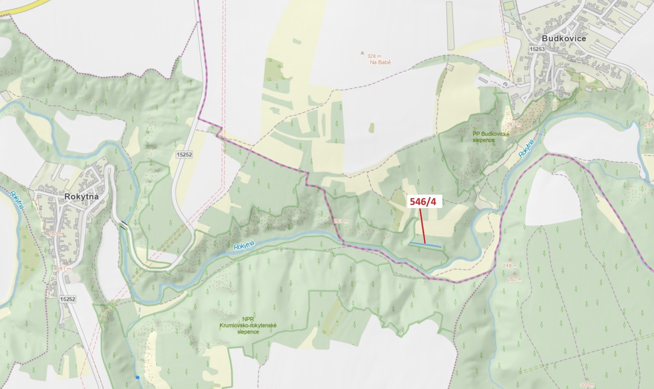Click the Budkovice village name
tap(564, 38)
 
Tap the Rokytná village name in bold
tap(81, 197)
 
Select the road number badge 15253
tap(537, 49)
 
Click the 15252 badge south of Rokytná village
tap(67, 299)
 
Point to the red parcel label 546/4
tap(423, 201)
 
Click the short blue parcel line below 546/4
tap(426, 245)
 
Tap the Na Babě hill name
tap(380, 62)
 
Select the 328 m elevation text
tap(374, 56)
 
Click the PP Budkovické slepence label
tap(491, 137)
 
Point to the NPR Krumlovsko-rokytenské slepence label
tap(248, 325)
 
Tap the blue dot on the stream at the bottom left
tap(138, 377)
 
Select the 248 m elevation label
tap(510, 265)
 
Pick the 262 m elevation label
tap(514, 279)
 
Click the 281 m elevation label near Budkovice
tap(514, 125)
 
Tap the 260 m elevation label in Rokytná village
tap(56, 234)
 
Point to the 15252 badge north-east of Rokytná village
tap(184, 155)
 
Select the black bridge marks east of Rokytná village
tap(124, 225)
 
